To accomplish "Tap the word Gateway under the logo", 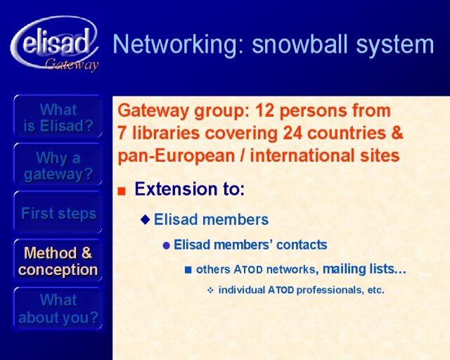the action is [72, 65].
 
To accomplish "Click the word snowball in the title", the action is [301, 44].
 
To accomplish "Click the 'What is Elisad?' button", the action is [58, 117].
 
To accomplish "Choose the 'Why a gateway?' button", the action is [58, 166].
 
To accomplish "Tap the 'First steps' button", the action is [58, 213].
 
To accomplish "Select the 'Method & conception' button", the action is [58, 262].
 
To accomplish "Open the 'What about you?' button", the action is [58, 309].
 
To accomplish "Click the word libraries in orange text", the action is [166, 133].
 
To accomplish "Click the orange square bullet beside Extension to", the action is [122, 191].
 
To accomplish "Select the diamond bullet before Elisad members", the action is [146, 219].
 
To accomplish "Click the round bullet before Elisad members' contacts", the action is [167, 245].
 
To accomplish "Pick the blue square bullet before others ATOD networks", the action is [188, 270].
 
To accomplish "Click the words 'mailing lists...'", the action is [364, 269].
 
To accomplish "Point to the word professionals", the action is [329, 290].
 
